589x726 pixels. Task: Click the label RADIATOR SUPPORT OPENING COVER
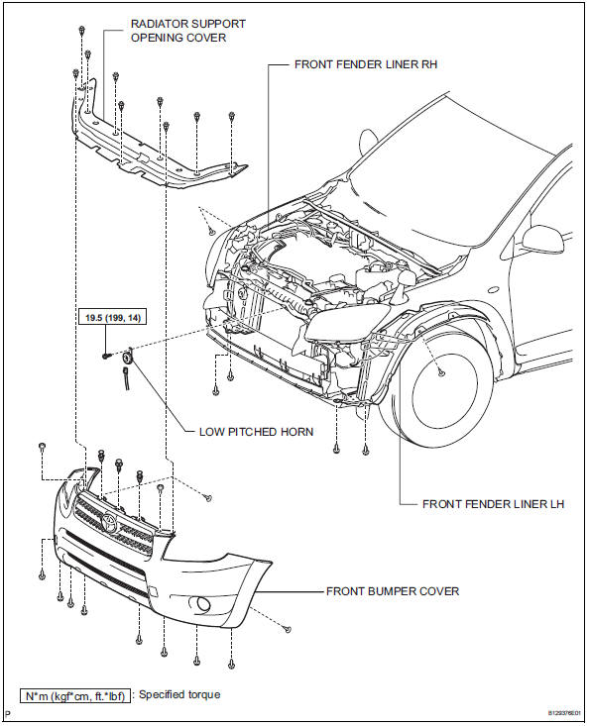click(x=188, y=31)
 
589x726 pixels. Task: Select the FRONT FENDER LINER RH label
click(x=366, y=64)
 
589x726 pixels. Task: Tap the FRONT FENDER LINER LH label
click(x=493, y=504)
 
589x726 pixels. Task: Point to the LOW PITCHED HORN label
click(x=256, y=432)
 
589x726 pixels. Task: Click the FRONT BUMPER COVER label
click(x=393, y=591)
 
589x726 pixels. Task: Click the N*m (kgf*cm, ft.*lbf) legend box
click(x=74, y=696)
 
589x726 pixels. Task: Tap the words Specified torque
click(x=179, y=694)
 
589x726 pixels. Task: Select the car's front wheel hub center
click(x=440, y=371)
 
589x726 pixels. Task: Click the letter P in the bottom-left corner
click(x=7, y=716)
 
